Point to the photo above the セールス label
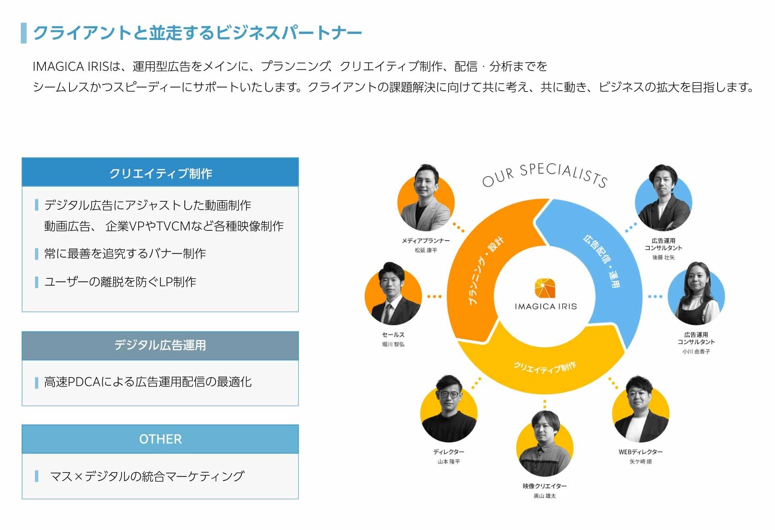coord(392,295)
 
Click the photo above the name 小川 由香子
coord(696,295)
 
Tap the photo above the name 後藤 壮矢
coord(663,199)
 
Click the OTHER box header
coord(160,439)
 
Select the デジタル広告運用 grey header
coord(160,345)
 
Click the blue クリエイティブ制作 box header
coord(160,173)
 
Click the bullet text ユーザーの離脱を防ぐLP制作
coord(120,282)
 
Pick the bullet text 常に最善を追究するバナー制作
coord(125,254)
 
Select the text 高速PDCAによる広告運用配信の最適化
coord(148,382)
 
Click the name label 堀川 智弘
coord(393,344)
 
